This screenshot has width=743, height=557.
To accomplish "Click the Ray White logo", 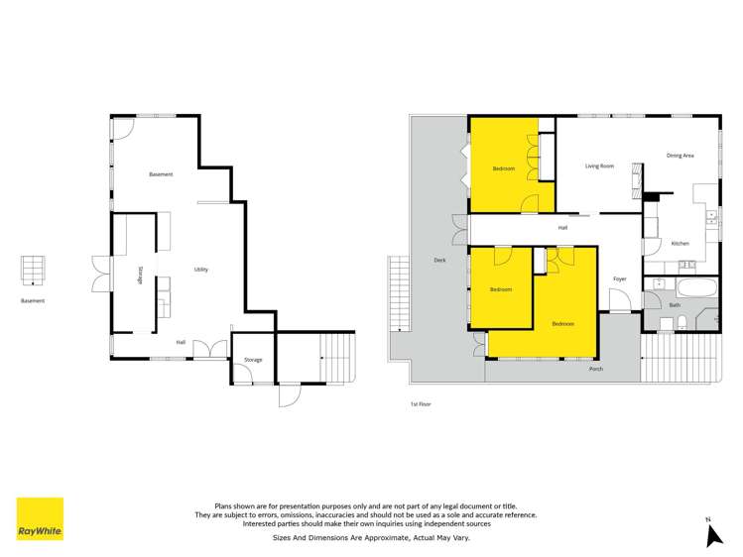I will coord(40,518).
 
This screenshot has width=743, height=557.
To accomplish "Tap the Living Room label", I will coord(599,167).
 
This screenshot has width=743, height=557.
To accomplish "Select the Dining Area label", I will coord(680,156).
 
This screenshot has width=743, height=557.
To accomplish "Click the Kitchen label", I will coord(680,244).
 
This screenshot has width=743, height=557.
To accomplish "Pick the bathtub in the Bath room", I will coord(690,288).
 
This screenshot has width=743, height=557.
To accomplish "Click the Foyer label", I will coord(619,279).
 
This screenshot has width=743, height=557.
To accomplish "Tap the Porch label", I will coord(596,369).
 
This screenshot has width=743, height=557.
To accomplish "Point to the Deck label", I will coord(439,261).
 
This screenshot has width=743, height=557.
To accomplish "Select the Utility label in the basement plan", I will coord(200,270).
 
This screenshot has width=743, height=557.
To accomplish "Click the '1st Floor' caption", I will coord(421,403).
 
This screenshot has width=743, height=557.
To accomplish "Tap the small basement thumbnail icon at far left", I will coord(33,269).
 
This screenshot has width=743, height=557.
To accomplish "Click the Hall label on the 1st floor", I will coord(562,228).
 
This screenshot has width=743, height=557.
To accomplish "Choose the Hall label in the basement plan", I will coord(181,343).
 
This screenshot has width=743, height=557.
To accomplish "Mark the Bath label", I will coord(675,305).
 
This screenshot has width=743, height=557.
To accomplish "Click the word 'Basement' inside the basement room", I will coord(161,174).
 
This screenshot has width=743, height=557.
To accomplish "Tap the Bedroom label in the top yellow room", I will coord(504,168).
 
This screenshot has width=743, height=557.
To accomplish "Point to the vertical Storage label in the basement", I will coord(140,275).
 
